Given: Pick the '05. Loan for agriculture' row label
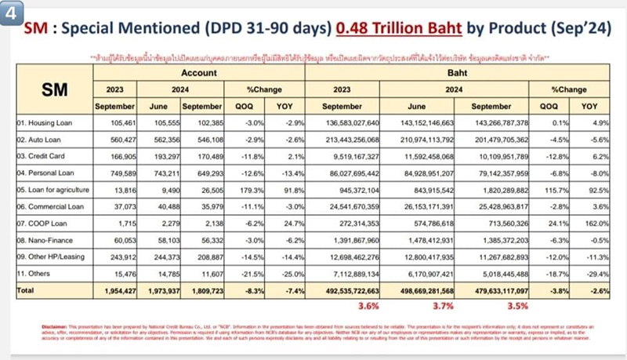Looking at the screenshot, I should pyautogui.click(x=52, y=189).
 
